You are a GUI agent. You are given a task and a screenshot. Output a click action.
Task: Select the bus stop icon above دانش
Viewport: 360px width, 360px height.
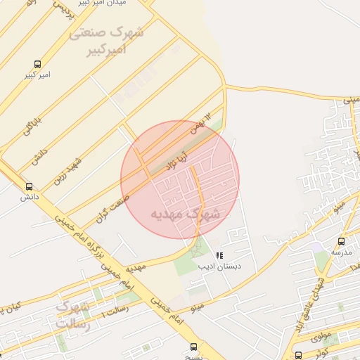(x=29, y=186)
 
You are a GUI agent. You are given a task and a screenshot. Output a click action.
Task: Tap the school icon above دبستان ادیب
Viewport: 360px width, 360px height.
(x=219, y=255)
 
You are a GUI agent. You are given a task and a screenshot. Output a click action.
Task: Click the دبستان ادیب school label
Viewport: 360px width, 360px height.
(x=219, y=266)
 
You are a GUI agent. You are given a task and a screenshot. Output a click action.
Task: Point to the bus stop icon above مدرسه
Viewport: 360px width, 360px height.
(x=341, y=241)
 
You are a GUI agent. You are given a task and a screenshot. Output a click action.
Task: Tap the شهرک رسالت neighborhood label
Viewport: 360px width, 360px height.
(x=73, y=316)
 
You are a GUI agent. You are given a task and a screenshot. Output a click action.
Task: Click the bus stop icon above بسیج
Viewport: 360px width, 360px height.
(x=194, y=347)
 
